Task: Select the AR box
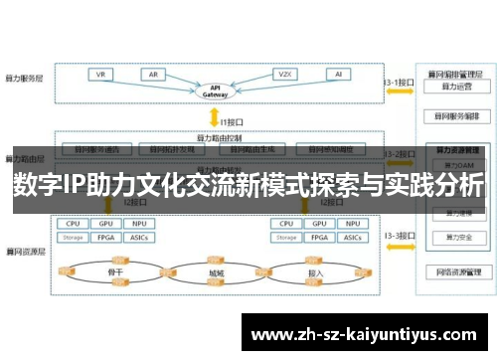point(153,74)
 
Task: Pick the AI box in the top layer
point(338,74)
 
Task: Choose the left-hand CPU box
point(74,225)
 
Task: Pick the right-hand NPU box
point(353,225)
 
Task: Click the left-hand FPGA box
point(106,239)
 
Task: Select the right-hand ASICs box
point(353,239)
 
